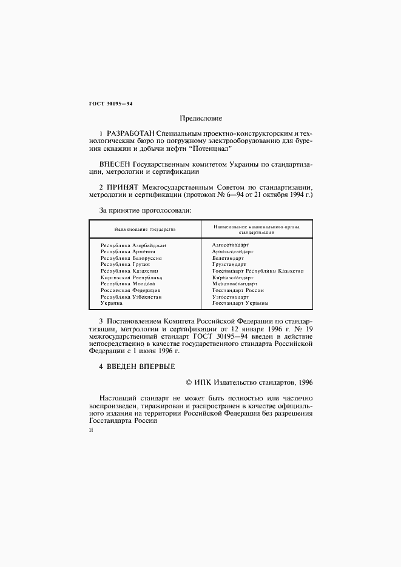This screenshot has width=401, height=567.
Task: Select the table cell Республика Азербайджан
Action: coord(133,245)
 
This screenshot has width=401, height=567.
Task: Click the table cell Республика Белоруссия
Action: coord(130,258)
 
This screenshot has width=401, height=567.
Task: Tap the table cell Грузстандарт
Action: coord(229,264)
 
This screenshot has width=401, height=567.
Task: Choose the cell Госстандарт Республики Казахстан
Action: coord(258,271)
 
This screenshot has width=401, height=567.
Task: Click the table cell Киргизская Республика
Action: coord(131,277)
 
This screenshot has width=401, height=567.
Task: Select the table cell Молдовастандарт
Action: coord(235,283)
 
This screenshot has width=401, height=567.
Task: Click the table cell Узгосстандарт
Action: coord(231,297)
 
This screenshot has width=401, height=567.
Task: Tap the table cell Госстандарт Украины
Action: coord(240,303)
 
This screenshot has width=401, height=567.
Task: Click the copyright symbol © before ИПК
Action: coord(188,382)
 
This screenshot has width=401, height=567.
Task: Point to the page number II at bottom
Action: coord(91,431)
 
